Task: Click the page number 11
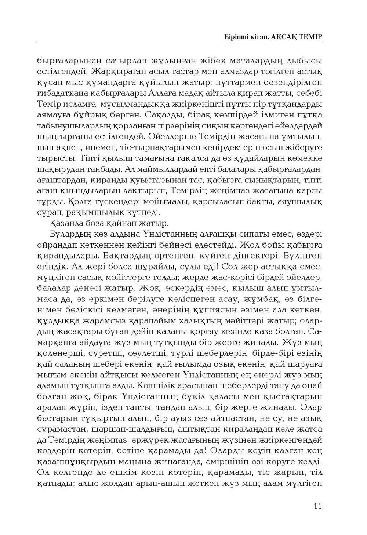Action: click(x=318, y=506)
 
